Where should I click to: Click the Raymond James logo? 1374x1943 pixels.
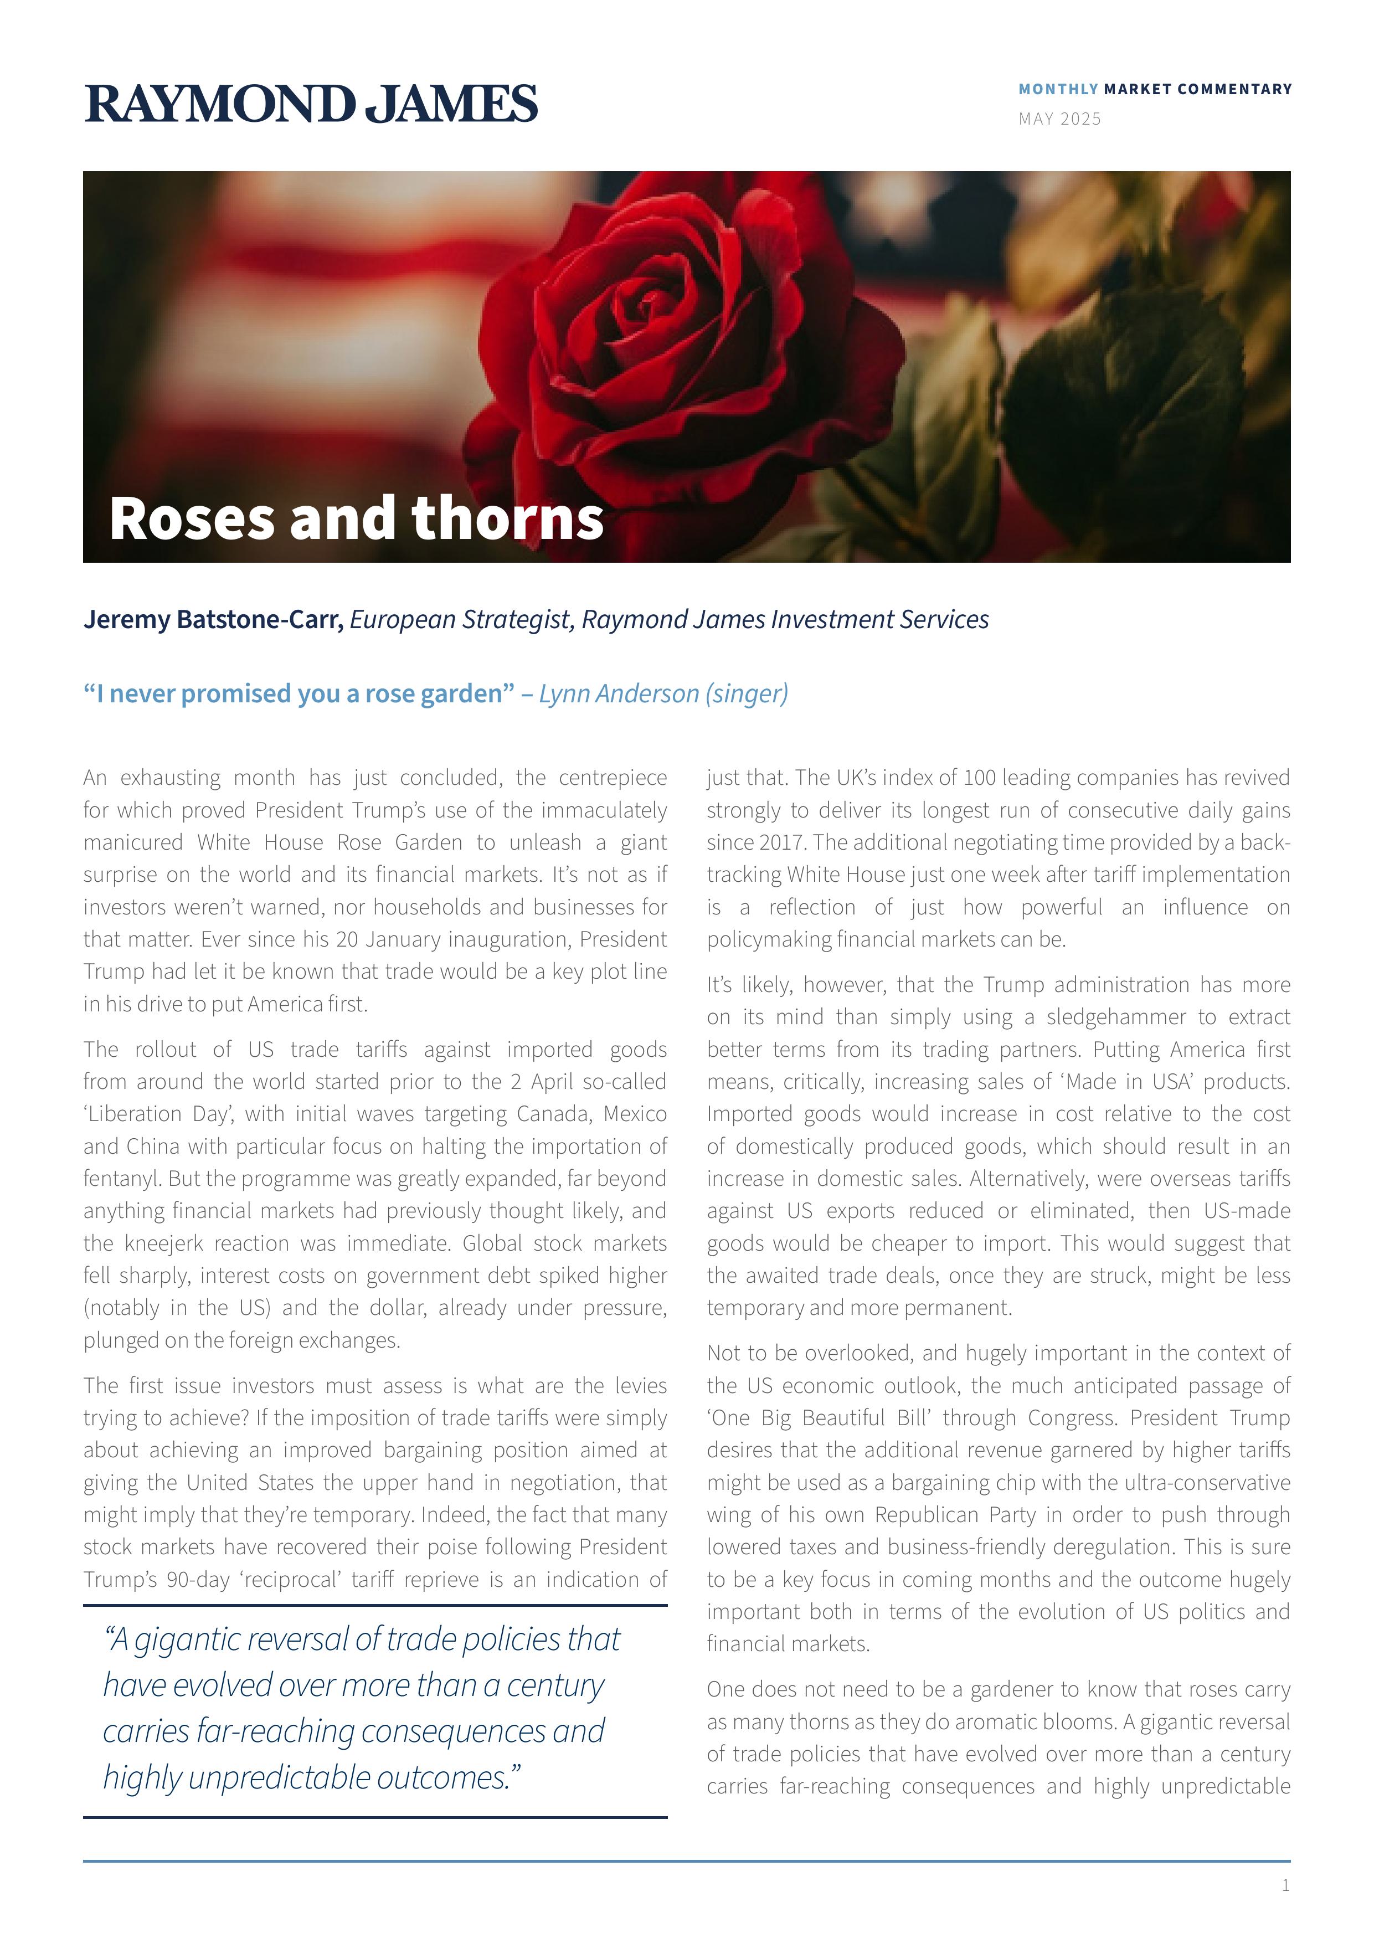[x=311, y=104]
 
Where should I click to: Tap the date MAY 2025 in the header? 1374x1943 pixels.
[x=1059, y=119]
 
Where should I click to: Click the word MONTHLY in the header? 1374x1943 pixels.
[x=1058, y=89]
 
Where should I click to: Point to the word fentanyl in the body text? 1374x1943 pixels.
[x=122, y=1179]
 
